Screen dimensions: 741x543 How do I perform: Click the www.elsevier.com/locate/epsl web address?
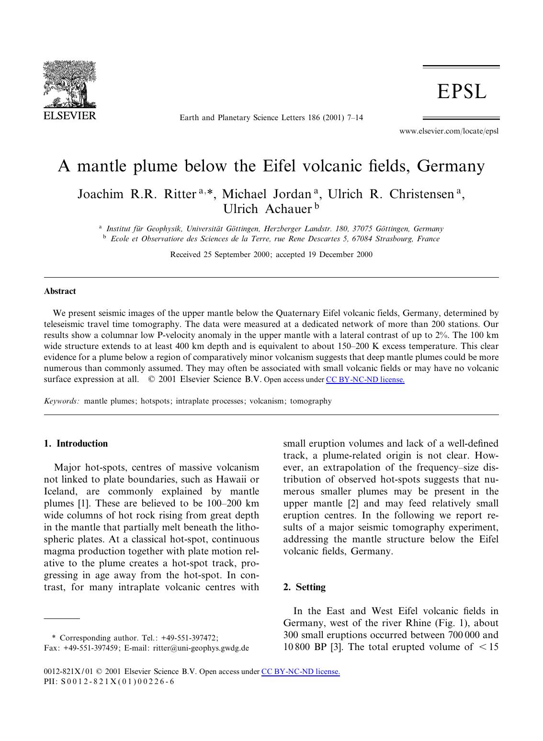(449, 131)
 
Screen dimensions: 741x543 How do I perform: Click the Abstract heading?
(60, 291)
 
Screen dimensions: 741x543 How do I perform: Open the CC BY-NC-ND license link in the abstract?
(365, 380)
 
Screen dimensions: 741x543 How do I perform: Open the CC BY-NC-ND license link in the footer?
(300, 672)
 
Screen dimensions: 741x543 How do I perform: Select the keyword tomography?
(311, 401)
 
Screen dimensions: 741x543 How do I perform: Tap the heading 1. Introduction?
(76, 444)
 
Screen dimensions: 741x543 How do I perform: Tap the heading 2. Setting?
(305, 587)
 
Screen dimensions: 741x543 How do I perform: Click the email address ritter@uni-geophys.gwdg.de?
(201, 648)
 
